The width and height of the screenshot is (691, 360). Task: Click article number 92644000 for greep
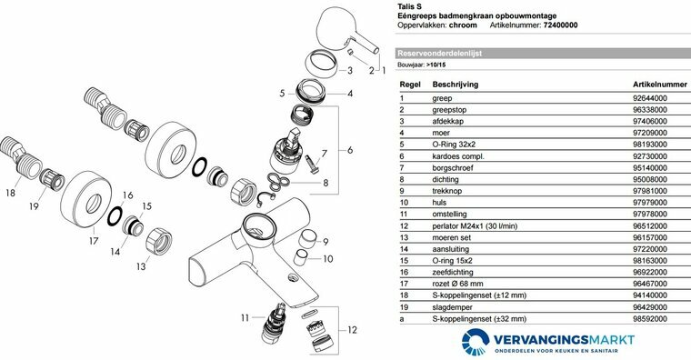650,98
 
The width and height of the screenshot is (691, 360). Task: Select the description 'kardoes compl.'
458,156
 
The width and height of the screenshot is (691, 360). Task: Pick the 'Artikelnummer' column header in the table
660,85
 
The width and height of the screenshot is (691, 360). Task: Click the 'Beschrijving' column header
456,85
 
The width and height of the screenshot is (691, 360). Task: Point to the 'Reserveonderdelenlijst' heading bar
543,54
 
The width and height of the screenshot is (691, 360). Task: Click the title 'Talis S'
409,6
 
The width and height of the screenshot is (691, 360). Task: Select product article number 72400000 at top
560,25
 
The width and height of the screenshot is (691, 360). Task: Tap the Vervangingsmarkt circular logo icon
476,342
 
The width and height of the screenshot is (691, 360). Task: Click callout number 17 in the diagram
94,241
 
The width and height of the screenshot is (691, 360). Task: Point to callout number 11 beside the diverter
245,317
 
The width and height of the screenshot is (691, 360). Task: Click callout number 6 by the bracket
350,150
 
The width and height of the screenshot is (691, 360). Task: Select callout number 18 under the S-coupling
10,193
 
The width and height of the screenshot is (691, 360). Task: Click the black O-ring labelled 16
115,215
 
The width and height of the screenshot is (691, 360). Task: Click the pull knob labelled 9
308,240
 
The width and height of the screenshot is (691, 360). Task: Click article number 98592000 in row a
650,318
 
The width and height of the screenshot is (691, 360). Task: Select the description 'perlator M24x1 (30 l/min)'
475,226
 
